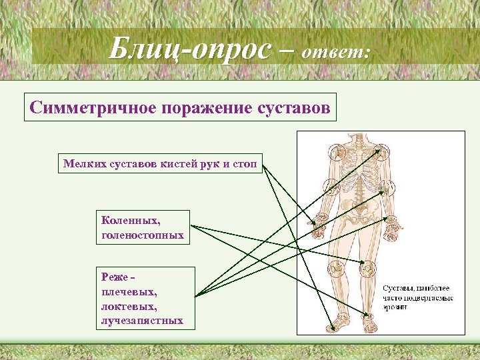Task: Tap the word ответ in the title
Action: pyautogui.click(x=334, y=52)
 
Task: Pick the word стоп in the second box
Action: pyautogui.click(x=246, y=162)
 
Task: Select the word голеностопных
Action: pyautogui.click(x=142, y=235)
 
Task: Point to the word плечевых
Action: pyautogui.click(x=129, y=291)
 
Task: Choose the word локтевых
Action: pyautogui.click(x=128, y=306)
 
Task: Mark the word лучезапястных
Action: pyautogui.click(x=142, y=321)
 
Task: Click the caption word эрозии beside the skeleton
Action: pyautogui.click(x=399, y=308)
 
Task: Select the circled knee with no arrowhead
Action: pyautogui.click(x=337, y=269)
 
